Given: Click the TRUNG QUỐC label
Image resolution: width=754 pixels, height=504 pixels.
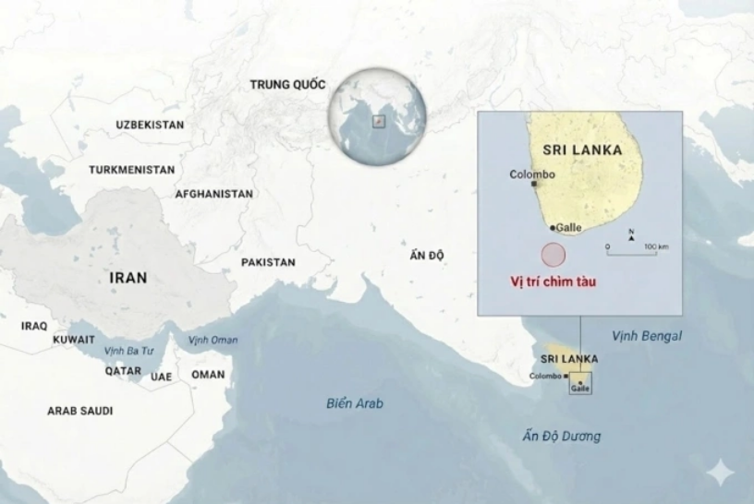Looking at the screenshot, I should click(x=287, y=85).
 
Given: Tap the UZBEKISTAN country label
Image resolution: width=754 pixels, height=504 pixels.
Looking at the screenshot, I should click(x=150, y=125).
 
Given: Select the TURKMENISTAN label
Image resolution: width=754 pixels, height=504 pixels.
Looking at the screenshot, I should click(x=132, y=171).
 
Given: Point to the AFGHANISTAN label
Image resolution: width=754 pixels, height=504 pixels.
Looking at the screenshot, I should click(x=213, y=195).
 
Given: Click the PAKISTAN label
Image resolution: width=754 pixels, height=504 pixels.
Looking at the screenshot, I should click(x=268, y=263).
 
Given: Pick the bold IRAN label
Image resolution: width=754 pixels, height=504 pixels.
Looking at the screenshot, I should click(x=128, y=278).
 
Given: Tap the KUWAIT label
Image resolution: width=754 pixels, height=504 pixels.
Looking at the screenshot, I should click(x=74, y=340).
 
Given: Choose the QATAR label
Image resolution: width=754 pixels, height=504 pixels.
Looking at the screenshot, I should click(x=123, y=371).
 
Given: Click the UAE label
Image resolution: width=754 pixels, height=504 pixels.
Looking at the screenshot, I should click(x=162, y=377).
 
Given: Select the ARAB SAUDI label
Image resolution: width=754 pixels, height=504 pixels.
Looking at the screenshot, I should click(x=80, y=411).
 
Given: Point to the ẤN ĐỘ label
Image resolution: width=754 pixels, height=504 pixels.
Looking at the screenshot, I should click(x=426, y=256).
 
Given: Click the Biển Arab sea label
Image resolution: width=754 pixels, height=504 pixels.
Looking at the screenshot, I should click(x=355, y=404).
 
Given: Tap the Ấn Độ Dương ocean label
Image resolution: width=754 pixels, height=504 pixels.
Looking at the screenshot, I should click(x=561, y=437).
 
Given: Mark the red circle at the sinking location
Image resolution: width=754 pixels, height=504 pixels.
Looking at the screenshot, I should click(x=553, y=254).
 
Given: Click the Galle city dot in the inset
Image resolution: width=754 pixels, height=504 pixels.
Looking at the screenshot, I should click(x=553, y=227).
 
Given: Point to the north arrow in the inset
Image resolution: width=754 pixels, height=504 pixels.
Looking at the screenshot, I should click(x=631, y=236).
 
